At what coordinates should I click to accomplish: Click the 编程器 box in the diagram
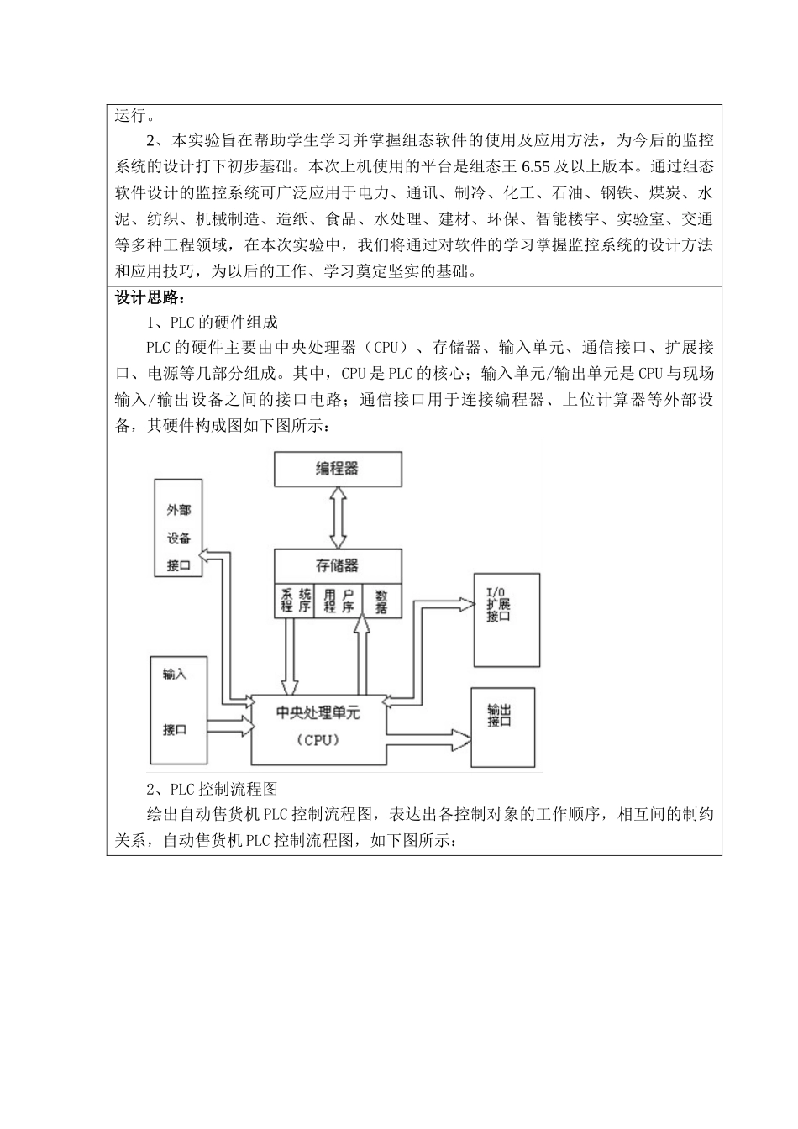click(x=338, y=469)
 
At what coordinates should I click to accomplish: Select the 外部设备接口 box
click(x=179, y=528)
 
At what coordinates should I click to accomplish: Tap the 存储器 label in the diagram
click(x=338, y=566)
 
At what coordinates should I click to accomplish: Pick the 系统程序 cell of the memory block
click(x=295, y=600)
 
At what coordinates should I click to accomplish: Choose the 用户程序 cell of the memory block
click(x=339, y=600)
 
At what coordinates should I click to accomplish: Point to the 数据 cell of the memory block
click(x=381, y=600)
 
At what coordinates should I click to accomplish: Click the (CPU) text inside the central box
click(x=318, y=740)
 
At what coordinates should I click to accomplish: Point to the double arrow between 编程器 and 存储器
click(x=338, y=517)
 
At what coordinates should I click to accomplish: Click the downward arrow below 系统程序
click(x=290, y=655)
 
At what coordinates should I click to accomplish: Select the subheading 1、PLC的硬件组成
click(x=212, y=323)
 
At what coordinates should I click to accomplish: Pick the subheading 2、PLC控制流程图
click(x=212, y=790)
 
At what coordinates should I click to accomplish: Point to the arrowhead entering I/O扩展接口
click(x=466, y=601)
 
